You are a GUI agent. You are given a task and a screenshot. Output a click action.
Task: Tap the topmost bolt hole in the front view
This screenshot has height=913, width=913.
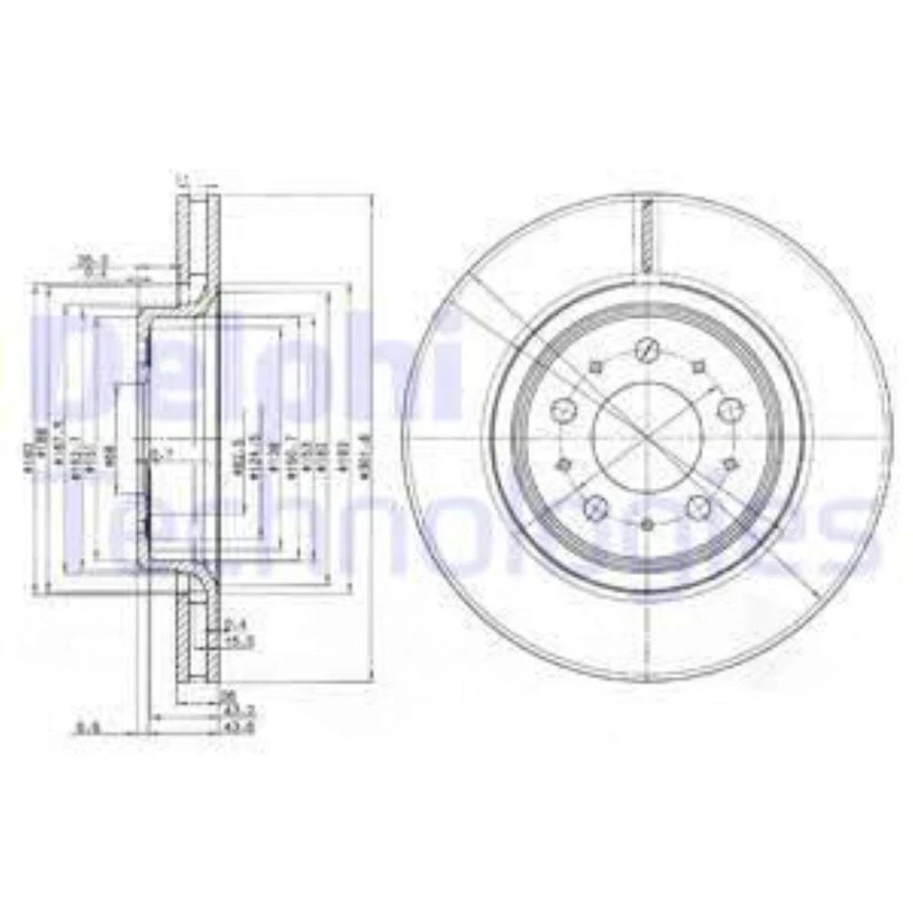tap(647, 349)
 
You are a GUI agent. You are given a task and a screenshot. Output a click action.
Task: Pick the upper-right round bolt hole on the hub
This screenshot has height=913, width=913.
tap(729, 410)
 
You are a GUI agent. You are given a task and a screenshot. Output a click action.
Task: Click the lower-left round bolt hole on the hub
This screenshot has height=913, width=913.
tap(597, 505)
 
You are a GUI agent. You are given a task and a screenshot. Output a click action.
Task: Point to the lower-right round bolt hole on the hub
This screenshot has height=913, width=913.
tap(699, 505)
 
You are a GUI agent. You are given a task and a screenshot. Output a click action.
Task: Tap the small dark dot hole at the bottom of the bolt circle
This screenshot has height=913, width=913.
tap(648, 526)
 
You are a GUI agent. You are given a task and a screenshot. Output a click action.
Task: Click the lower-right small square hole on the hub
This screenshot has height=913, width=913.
tap(730, 462)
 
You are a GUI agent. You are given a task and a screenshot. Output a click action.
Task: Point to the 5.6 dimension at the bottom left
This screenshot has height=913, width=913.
tap(87, 728)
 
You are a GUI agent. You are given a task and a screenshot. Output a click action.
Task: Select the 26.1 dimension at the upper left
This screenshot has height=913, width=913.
tap(91, 260)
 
